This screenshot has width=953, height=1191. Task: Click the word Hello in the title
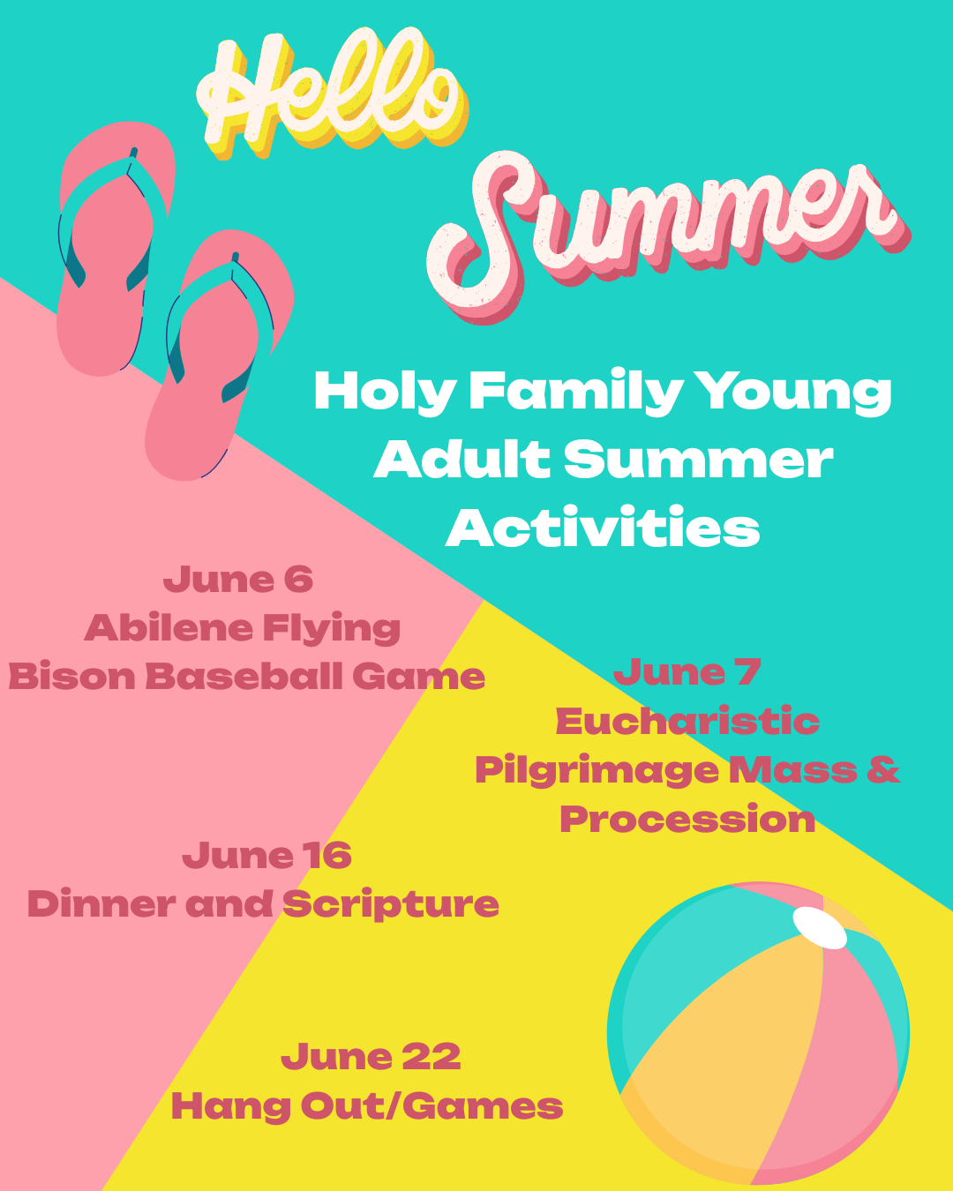tap(331, 93)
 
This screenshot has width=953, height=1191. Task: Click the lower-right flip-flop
tap(219, 354)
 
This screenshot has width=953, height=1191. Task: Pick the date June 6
tap(238, 580)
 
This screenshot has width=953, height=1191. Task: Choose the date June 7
tap(687, 672)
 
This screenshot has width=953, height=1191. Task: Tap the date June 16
tap(266, 856)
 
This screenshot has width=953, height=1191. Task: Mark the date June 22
tap(371, 1057)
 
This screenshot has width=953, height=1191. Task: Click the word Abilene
tap(169, 627)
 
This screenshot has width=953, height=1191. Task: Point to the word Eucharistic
tap(687, 721)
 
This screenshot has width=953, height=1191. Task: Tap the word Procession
tap(687, 819)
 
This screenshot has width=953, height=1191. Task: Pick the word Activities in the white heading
tap(603, 528)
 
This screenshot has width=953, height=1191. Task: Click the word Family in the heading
tap(576, 393)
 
